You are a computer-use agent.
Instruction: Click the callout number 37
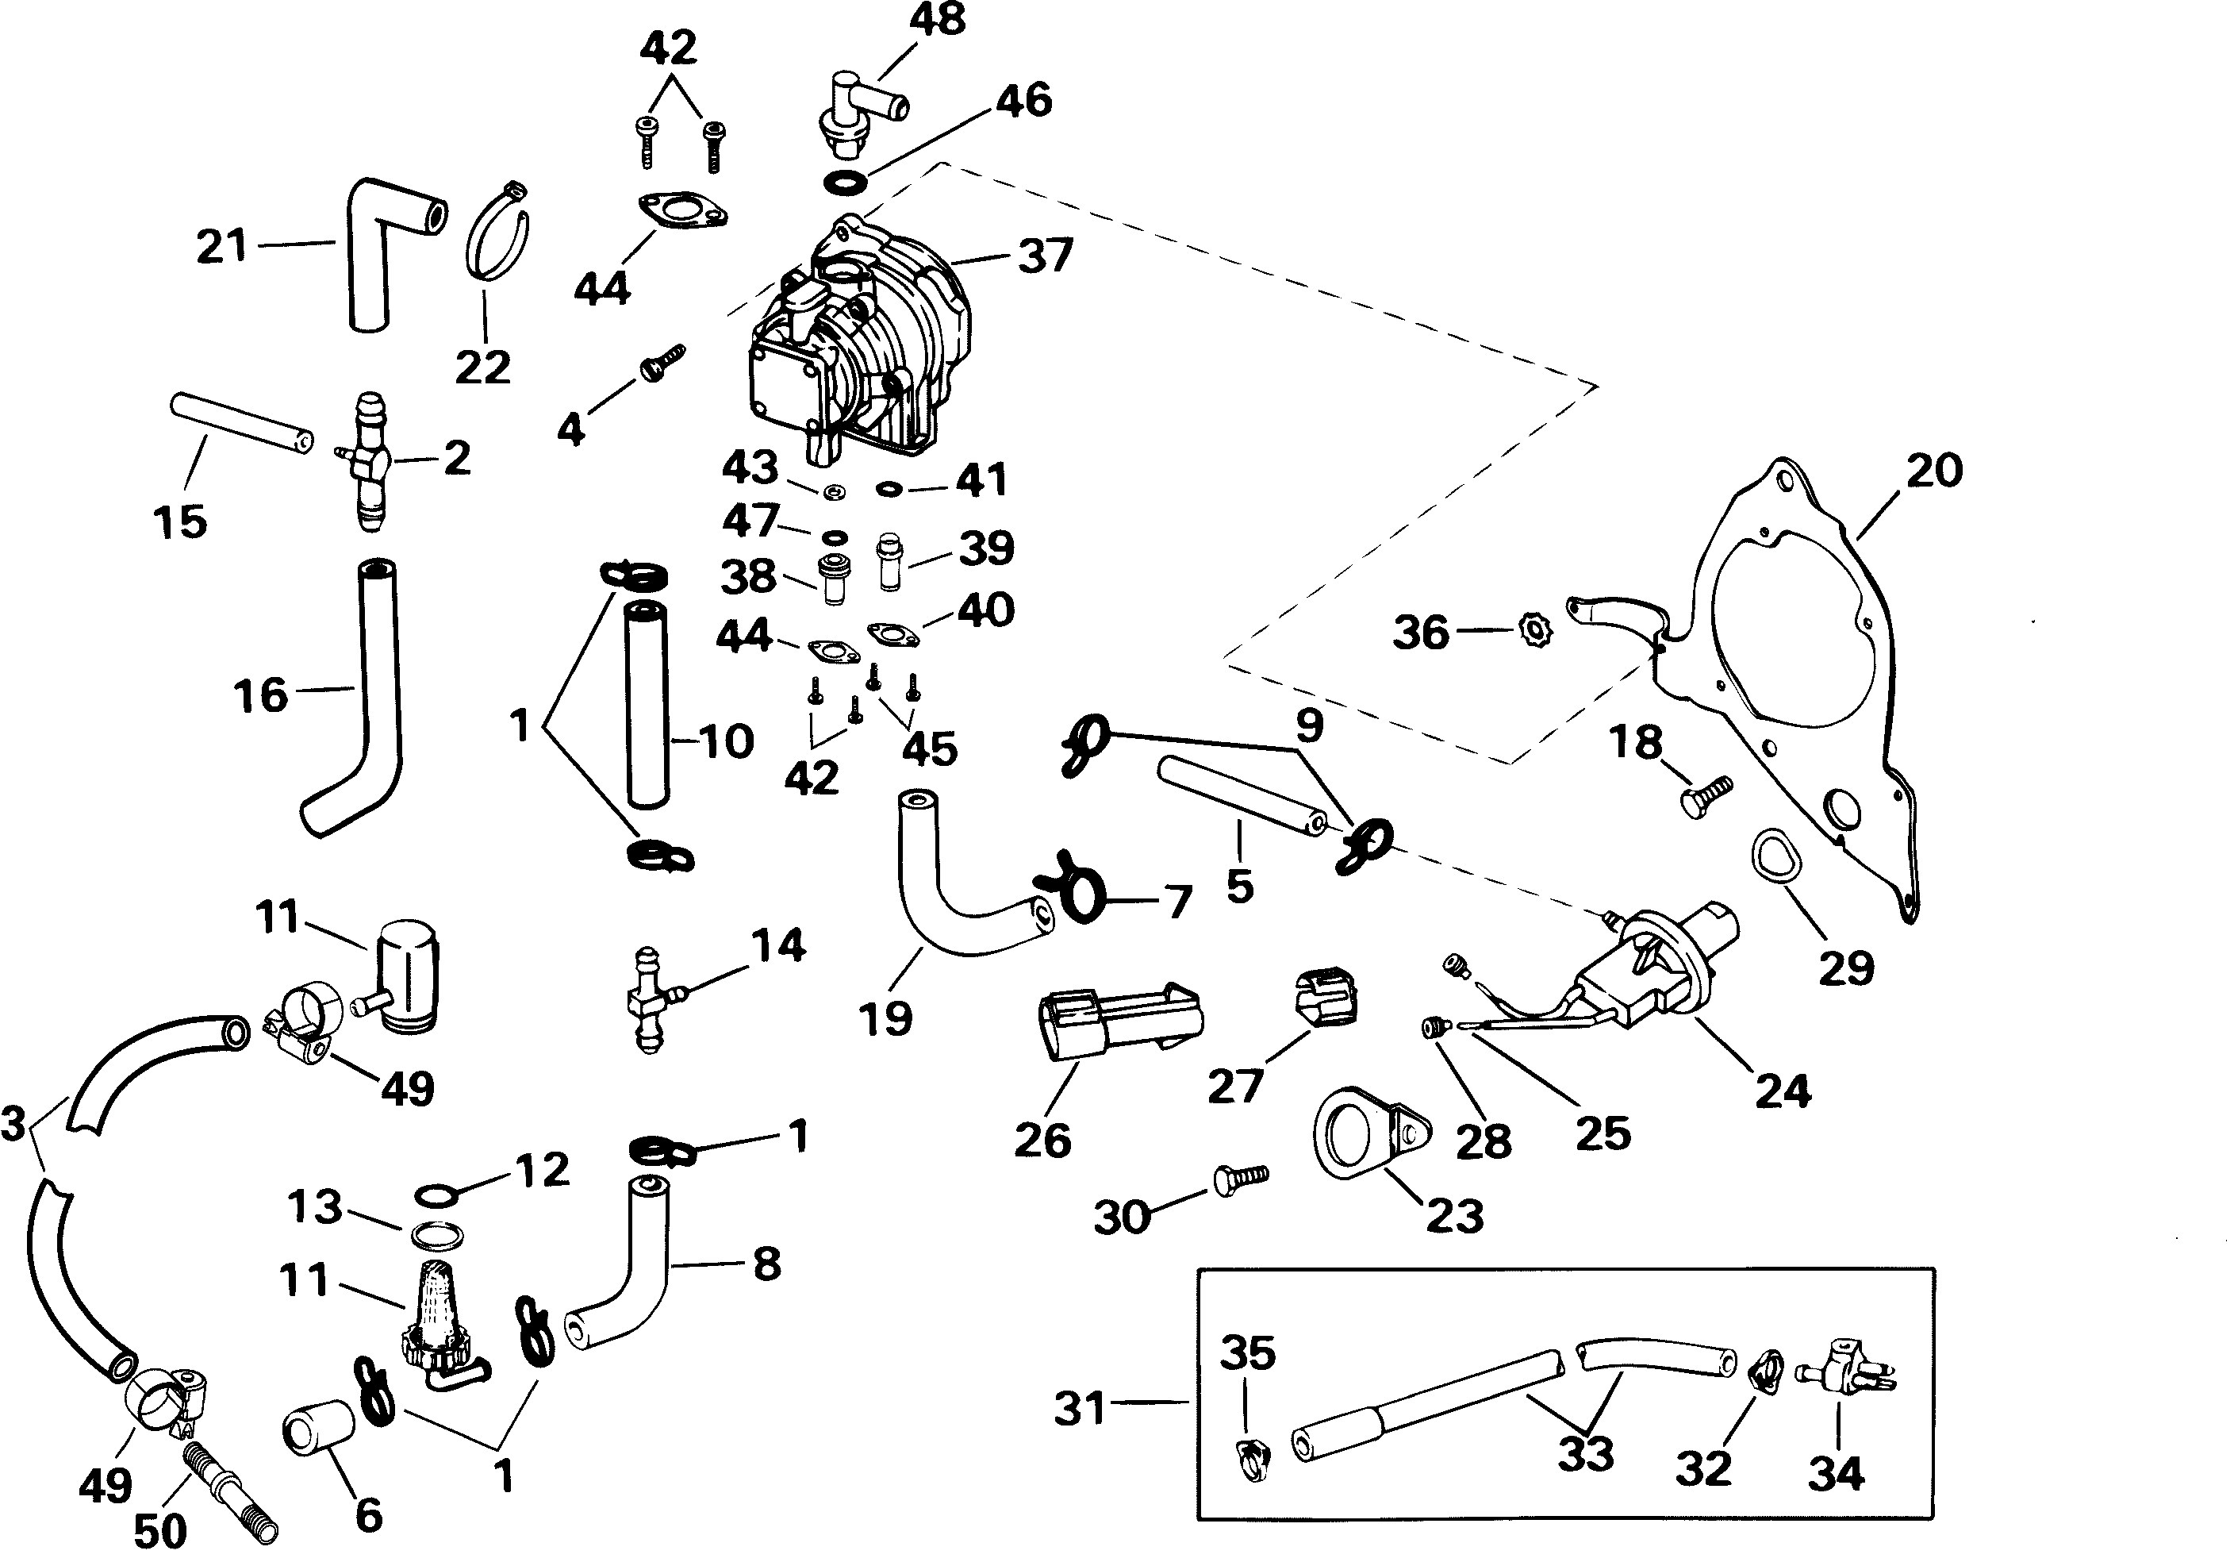coord(1045,255)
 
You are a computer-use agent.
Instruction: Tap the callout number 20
coord(1933,471)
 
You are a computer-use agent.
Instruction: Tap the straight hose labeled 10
coord(646,705)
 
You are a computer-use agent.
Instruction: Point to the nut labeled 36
coord(1535,632)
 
